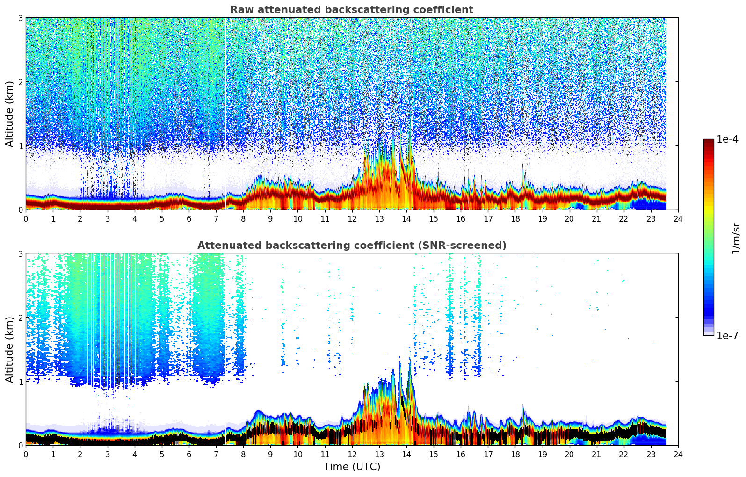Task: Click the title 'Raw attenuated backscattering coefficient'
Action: [x=352, y=10]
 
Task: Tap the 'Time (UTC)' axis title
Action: [x=352, y=466]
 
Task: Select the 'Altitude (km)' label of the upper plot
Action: [x=9, y=114]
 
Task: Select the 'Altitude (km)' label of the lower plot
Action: [x=9, y=349]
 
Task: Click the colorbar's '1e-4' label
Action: [x=727, y=139]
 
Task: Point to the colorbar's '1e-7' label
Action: [x=727, y=336]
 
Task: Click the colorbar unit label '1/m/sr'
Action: [x=736, y=238]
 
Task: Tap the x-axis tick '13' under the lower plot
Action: [x=379, y=454]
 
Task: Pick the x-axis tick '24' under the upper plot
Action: [x=678, y=218]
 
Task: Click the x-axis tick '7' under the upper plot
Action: [x=216, y=218]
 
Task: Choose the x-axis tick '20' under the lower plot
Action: [x=569, y=454]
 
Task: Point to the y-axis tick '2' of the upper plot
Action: [x=20, y=82]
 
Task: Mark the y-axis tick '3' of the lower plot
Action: [x=20, y=253]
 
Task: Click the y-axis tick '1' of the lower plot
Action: [x=20, y=382]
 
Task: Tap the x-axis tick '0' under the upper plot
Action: [x=26, y=218]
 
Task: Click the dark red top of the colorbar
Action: [x=709, y=143]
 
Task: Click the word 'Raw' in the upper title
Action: [x=240, y=10]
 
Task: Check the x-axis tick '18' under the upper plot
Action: [x=515, y=218]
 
